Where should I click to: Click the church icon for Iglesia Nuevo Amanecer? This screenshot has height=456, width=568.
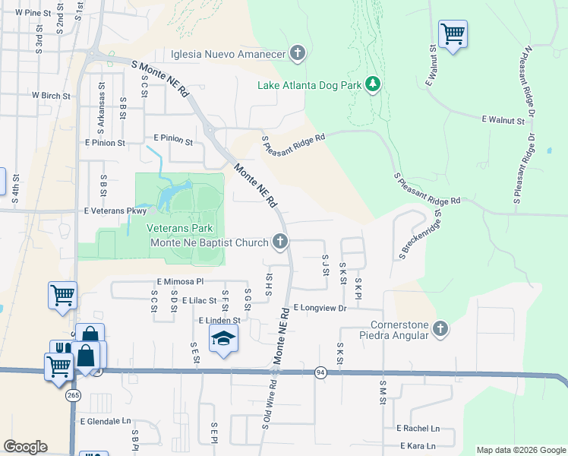pos(298,53)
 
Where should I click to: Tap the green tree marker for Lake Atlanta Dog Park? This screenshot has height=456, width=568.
pos(373,84)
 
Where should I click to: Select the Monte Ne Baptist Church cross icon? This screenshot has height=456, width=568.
pos(280,242)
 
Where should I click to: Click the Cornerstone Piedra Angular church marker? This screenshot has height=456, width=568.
pos(441,329)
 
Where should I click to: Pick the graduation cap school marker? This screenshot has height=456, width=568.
pos(223,339)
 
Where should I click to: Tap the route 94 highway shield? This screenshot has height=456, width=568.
pos(321,372)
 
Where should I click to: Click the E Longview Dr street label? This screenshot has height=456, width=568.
pos(320,308)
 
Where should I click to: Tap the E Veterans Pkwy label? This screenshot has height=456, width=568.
pos(115,211)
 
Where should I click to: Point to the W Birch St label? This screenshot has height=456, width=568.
pos(51,97)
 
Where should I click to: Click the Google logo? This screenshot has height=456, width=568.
pos(25,447)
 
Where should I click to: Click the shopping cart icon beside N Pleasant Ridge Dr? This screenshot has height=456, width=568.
pos(453,33)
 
